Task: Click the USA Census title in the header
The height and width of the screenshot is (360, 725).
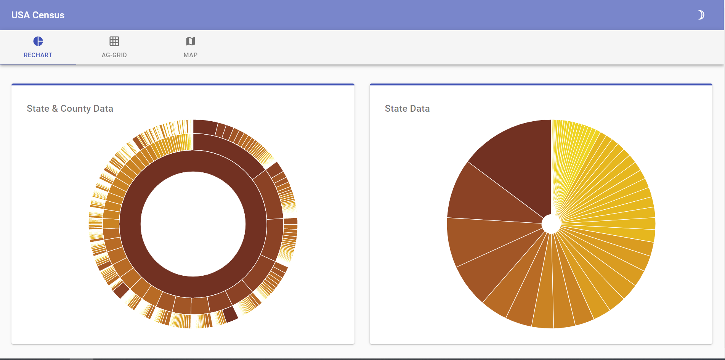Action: pos(38,15)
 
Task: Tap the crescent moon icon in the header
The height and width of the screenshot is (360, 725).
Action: pos(701,15)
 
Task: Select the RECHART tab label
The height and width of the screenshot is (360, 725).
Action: pos(38,55)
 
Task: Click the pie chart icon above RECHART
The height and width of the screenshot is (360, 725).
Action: pos(38,41)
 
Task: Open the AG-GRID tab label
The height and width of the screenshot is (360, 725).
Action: pos(114,55)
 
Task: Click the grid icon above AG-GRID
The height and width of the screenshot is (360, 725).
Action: pos(114,41)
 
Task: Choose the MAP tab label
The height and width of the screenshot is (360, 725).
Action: pos(190,55)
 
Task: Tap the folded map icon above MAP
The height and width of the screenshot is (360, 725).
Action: pos(191,41)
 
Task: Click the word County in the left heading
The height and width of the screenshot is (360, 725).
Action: pos(75,109)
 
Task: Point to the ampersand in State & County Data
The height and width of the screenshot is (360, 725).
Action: pos(55,109)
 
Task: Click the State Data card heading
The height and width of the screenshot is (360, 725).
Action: pos(407,109)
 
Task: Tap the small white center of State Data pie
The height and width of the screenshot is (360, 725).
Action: pos(551,224)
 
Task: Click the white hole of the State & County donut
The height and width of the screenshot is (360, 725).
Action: pos(193,224)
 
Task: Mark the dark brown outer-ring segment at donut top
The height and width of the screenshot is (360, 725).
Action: pos(205,127)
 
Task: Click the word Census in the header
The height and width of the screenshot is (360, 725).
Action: pos(48,15)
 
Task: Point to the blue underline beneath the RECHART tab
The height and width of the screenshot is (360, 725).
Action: pos(38,64)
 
